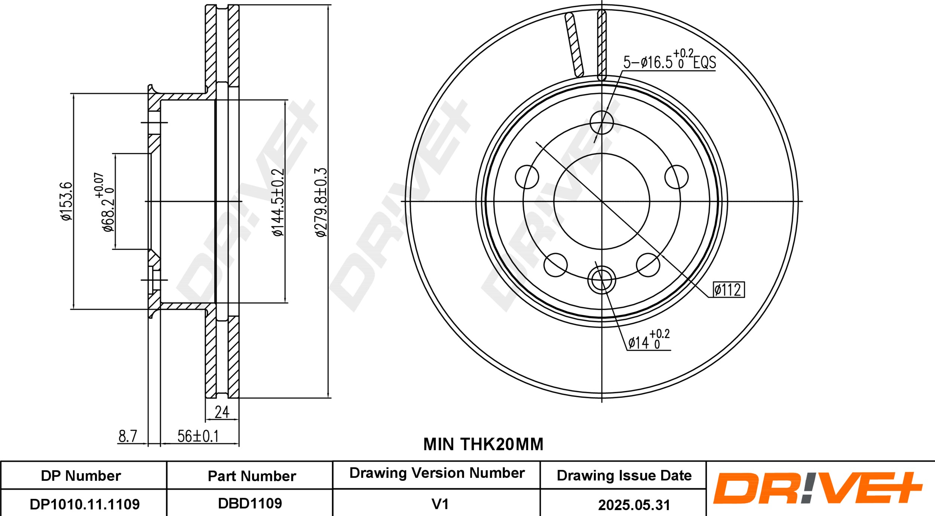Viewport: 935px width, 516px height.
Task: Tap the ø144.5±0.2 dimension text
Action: [279, 202]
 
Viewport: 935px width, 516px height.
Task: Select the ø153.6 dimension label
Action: [67, 201]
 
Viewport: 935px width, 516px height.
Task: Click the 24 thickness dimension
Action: [222, 412]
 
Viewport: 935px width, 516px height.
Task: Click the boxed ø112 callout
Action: [728, 290]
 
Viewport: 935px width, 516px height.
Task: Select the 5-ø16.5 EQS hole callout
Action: [669, 61]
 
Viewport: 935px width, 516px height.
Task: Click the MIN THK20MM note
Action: [483, 444]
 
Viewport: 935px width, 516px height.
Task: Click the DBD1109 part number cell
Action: [250, 504]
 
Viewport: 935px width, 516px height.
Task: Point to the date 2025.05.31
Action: [634, 505]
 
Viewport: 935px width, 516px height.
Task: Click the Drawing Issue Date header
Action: [624, 476]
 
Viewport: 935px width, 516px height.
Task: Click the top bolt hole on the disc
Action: [601, 122]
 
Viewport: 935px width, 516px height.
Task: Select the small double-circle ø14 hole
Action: [601, 280]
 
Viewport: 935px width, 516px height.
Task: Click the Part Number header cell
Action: [252, 476]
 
